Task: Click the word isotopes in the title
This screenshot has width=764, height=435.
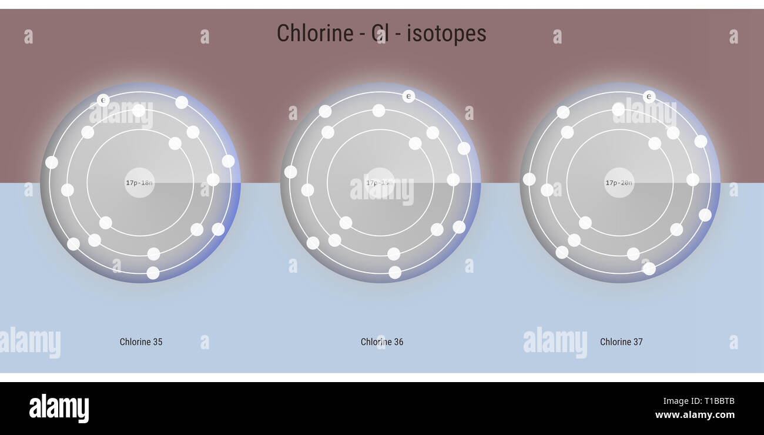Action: pos(447,34)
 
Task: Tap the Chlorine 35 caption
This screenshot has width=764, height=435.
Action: pos(141,342)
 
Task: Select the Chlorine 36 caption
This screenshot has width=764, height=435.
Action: pos(382,342)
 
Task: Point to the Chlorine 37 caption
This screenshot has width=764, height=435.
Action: pos(621,342)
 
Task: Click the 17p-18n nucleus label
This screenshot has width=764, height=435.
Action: pos(139,183)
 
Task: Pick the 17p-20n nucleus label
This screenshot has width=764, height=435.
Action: pos(619,183)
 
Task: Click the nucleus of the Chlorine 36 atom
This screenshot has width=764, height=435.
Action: pos(380,183)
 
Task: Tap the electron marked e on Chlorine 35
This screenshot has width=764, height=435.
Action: pos(103,101)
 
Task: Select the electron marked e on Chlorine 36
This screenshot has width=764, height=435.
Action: pos(408,96)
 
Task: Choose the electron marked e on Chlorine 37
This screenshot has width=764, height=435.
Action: pos(649,96)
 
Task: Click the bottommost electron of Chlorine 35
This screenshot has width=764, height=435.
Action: pos(153,273)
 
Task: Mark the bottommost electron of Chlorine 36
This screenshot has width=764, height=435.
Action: pos(395,272)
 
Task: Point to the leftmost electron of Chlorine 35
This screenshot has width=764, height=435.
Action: pos(52,162)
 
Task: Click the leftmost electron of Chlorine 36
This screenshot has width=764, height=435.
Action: pos(290,172)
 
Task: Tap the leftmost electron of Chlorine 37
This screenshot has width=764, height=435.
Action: pos(529,179)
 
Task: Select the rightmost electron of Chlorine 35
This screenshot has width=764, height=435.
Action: pos(228,161)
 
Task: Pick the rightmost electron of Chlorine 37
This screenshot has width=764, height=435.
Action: pos(705,215)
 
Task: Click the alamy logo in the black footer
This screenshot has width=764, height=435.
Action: pos(59,409)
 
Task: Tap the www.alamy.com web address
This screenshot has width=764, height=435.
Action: pos(695,415)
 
